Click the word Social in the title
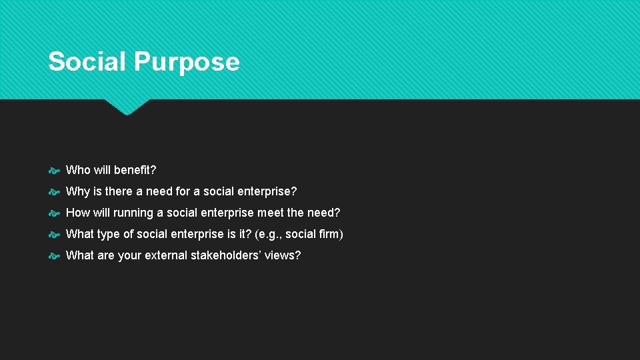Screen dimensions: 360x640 point(87,61)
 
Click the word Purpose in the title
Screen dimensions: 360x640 point(186,62)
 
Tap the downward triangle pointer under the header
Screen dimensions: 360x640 point(127,106)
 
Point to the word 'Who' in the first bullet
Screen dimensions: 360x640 point(78,170)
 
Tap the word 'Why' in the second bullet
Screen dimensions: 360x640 point(77,191)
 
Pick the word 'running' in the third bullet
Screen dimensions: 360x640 point(133,213)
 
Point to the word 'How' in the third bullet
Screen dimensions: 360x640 point(78,213)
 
